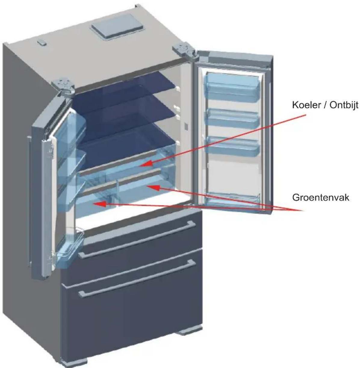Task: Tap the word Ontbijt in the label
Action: coord(344,105)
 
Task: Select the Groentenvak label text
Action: coord(321,198)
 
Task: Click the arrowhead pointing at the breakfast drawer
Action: coord(147,164)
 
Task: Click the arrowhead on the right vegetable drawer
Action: coord(153,187)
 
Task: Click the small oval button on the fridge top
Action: coord(42,42)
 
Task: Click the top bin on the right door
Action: coord(232,87)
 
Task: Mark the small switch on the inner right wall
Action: coord(186,127)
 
